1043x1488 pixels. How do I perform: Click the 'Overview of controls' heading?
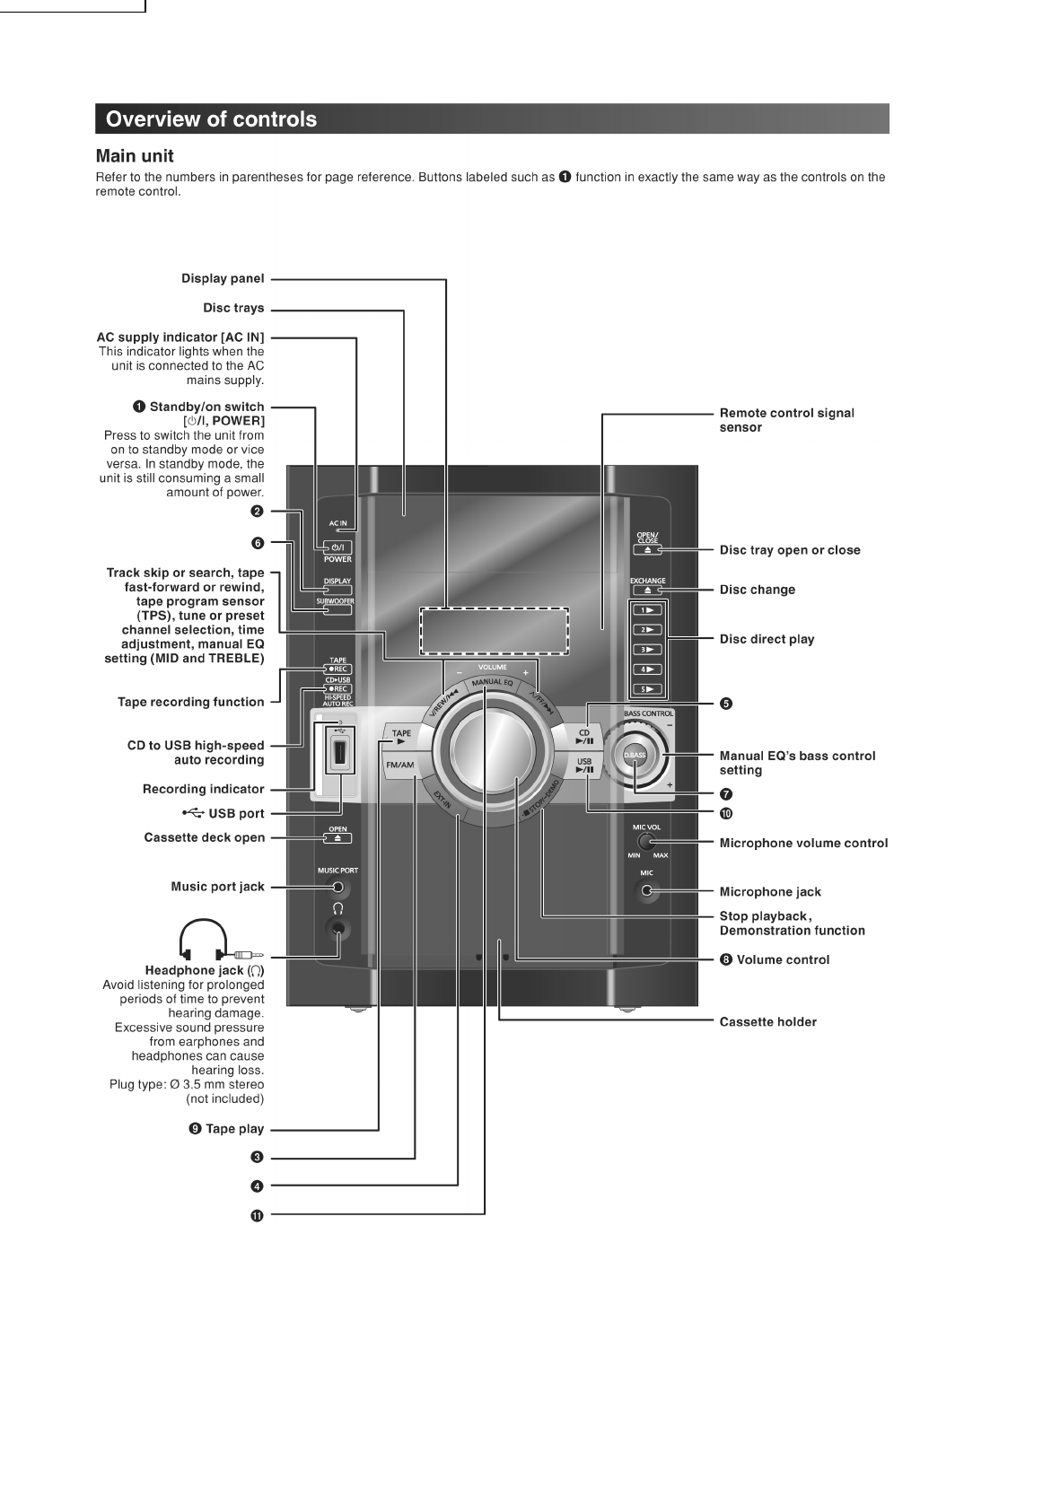(211, 119)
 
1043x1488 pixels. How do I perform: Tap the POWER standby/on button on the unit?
(337, 547)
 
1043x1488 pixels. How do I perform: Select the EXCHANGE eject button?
(647, 591)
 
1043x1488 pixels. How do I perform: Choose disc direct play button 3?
(647, 650)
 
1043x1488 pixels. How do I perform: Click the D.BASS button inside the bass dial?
(635, 756)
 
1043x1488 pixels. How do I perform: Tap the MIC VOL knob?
(645, 842)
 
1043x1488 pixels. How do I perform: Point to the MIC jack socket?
(646, 891)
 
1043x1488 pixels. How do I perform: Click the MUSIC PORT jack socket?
(337, 888)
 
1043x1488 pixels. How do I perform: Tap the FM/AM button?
(400, 766)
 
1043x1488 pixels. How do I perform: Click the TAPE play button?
(401, 738)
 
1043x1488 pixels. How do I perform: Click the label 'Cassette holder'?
(767, 1021)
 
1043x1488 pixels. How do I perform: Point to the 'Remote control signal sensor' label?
(786, 420)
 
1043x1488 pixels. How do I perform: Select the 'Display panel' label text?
(223, 278)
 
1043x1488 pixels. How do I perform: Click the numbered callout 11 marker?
(258, 1215)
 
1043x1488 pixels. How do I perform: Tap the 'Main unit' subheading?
(135, 156)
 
